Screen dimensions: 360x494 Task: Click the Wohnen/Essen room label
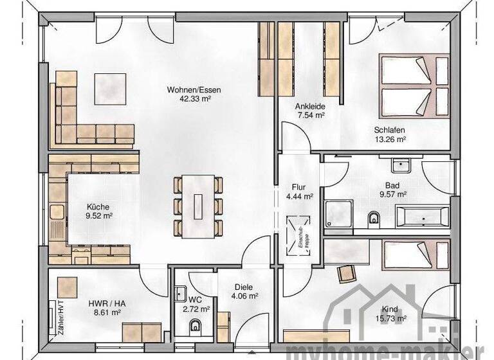[x=194, y=90]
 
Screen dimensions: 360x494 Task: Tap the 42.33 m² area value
[x=194, y=100]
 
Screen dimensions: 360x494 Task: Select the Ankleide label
[x=310, y=106]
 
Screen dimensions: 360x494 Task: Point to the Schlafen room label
[x=390, y=129]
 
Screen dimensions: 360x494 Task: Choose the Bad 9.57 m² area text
[x=392, y=193]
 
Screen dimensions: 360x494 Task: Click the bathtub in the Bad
[x=422, y=217]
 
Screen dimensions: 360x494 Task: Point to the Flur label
[x=299, y=187]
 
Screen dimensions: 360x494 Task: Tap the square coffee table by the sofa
[x=113, y=87]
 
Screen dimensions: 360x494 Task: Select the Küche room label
[x=99, y=207]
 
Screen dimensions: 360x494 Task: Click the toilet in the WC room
[x=196, y=328]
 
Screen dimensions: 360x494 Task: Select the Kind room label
[x=390, y=308]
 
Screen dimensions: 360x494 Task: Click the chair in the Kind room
[x=346, y=274]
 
